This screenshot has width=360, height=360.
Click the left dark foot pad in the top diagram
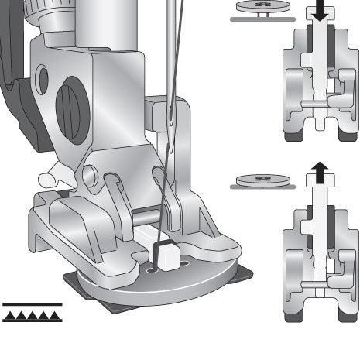click(293, 137)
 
